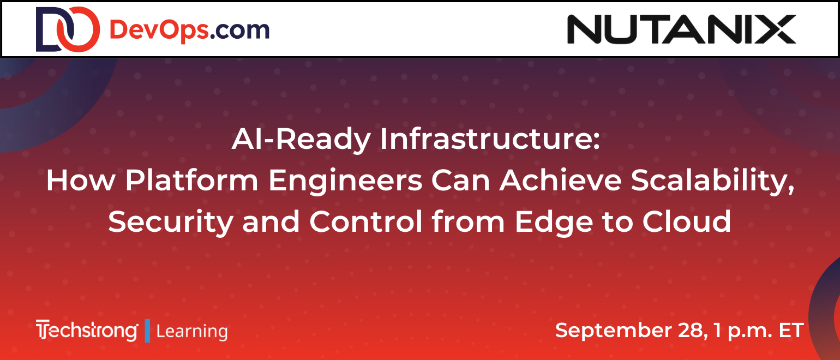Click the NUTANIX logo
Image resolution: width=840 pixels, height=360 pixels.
(x=681, y=29)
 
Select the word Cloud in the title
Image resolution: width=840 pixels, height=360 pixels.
(x=686, y=221)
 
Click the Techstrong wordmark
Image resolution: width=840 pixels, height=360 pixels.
(x=87, y=331)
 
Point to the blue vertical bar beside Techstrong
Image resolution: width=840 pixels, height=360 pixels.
(x=147, y=331)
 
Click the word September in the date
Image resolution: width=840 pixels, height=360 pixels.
(x=614, y=331)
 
